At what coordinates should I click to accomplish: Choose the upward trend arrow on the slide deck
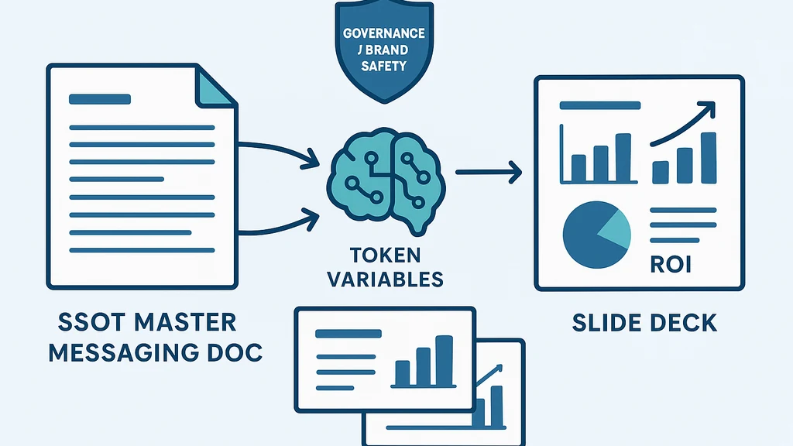coord(681,125)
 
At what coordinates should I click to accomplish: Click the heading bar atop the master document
coord(100,100)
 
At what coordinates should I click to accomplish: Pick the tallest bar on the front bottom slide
coord(444,361)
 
